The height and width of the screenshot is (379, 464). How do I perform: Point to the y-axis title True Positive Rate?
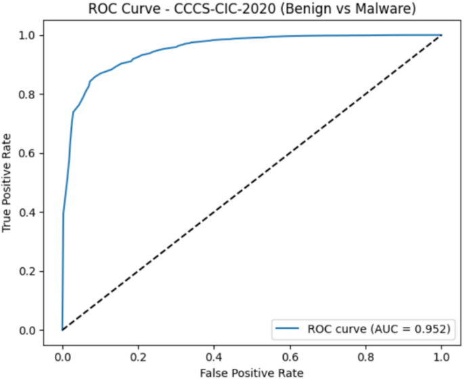click(x=9, y=182)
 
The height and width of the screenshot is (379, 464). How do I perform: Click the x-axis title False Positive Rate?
click(x=251, y=372)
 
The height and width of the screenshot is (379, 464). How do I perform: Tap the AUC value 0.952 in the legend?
click(x=432, y=330)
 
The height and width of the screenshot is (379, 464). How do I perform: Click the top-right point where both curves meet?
click(x=441, y=35)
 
